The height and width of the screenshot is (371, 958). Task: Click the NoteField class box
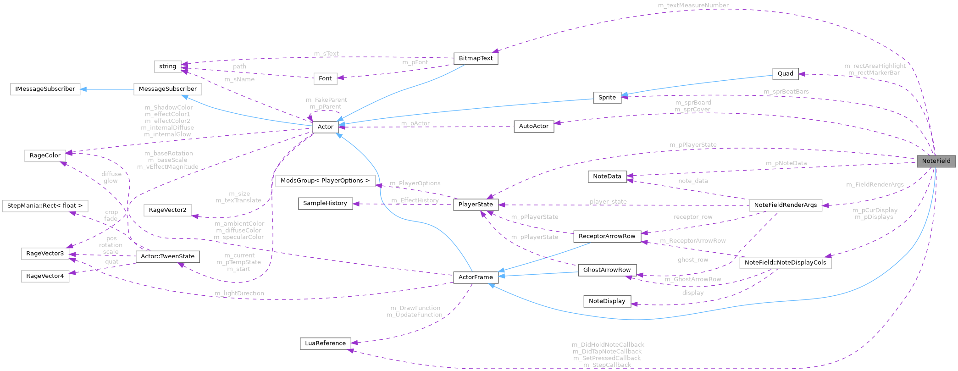[936, 161]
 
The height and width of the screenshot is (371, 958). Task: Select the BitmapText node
[476, 58]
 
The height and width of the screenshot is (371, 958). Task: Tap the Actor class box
[325, 127]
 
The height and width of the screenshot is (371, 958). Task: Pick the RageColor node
[45, 155]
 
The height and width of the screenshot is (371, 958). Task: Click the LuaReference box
[325, 343]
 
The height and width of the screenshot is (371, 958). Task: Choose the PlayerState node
[476, 205]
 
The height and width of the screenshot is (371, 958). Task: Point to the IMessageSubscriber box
[45, 89]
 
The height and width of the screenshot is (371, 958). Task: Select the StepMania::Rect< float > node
[45, 205]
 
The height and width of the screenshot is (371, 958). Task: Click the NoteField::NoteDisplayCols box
[785, 262]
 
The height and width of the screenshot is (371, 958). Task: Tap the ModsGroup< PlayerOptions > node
[325, 181]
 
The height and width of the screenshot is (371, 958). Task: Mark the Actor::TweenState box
[167, 256]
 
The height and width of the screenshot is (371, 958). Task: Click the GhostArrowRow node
[607, 270]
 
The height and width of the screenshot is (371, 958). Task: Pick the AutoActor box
[533, 126]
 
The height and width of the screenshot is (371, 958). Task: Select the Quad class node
[785, 73]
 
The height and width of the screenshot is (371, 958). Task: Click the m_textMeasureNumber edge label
[693, 6]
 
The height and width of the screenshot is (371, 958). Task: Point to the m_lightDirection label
[239, 293]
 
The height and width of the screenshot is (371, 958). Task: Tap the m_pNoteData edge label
[786, 163]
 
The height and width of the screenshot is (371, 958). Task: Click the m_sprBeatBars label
[786, 92]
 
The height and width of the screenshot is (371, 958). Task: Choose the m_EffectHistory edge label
[415, 200]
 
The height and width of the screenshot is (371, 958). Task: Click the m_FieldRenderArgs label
[875, 184]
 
